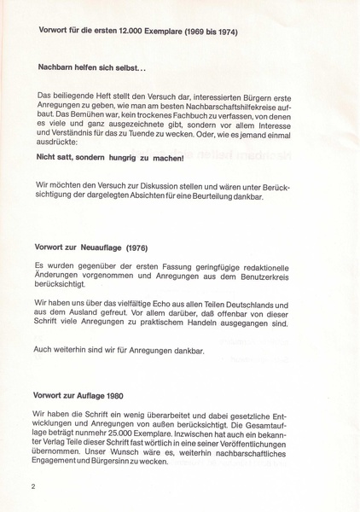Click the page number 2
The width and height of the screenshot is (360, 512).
[32, 487]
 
